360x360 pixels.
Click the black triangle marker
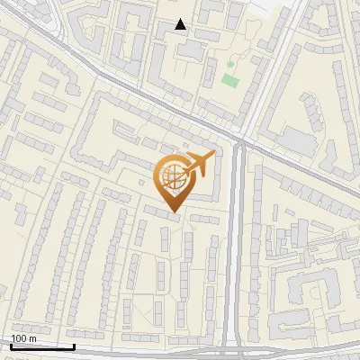[181, 25]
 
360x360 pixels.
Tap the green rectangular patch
[230, 81]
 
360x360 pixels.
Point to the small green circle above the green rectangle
[229, 65]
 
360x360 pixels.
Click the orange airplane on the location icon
[199, 164]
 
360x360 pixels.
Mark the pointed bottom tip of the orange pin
[172, 213]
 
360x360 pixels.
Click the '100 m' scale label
[23, 337]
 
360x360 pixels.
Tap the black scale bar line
[42, 346]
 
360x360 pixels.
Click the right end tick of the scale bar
[74, 345]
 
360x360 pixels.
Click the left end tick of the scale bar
[11, 345]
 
